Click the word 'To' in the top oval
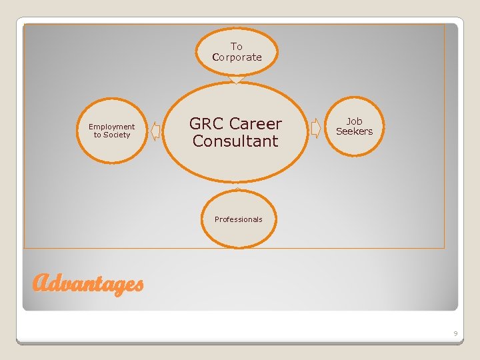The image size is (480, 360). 237,47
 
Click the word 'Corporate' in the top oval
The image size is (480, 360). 237,57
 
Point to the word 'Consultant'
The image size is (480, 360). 235,141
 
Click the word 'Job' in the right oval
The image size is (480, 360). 355,121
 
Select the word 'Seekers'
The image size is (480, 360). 355,131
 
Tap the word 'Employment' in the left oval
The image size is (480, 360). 111,127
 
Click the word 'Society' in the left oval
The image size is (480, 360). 117,135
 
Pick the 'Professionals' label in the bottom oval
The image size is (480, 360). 238,219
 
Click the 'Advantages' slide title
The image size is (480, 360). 87,284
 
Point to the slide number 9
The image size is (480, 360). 455,332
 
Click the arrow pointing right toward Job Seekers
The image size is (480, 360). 316,129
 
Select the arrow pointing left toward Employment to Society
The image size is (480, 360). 155,131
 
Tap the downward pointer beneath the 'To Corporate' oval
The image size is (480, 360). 237,80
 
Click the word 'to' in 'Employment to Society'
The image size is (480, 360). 97,135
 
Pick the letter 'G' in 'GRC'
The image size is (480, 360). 196,124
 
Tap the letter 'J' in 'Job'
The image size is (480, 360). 349,121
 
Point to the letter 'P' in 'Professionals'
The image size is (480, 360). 217,219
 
